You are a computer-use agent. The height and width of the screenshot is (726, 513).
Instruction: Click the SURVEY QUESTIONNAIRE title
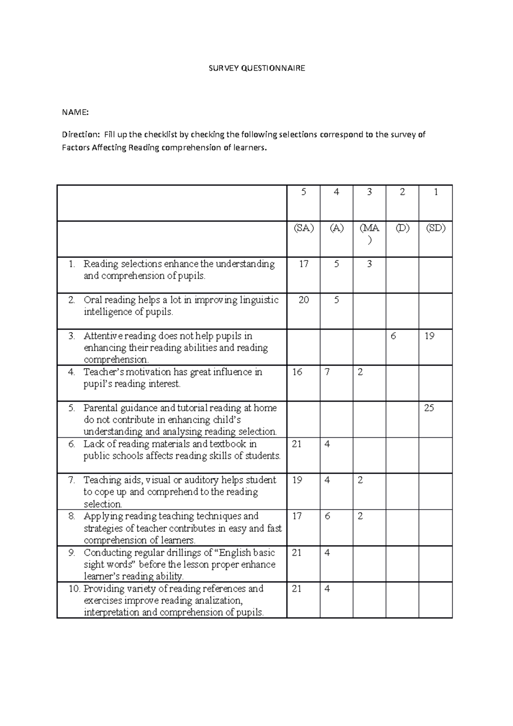tap(256, 68)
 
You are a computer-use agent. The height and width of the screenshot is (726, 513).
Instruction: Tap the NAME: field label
tap(75, 112)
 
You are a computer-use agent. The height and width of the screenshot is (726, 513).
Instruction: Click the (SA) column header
tap(303, 228)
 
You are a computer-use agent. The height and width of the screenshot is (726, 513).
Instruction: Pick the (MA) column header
tap(369, 233)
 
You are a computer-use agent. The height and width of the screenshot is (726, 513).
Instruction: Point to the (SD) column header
tap(435, 228)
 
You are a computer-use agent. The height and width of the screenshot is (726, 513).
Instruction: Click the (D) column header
tap(402, 228)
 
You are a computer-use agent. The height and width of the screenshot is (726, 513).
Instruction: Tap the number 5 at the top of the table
tap(304, 192)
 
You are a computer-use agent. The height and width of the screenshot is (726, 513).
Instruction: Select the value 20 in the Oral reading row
tap(304, 300)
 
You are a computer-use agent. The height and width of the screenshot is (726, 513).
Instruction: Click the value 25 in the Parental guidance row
tap(429, 408)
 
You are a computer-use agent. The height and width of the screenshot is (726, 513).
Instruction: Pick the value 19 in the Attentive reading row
tap(429, 336)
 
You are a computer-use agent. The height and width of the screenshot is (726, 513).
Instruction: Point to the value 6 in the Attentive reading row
tap(393, 336)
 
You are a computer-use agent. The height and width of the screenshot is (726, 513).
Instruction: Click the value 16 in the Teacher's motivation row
tap(297, 372)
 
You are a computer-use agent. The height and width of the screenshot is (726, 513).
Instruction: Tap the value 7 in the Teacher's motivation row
tap(327, 372)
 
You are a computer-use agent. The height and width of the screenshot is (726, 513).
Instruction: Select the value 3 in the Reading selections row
tap(369, 264)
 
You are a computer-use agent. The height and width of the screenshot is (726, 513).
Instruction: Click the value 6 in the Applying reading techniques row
tap(327, 516)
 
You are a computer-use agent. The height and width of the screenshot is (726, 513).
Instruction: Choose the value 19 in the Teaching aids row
tap(297, 480)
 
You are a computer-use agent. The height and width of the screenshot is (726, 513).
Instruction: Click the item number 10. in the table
tap(75, 589)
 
